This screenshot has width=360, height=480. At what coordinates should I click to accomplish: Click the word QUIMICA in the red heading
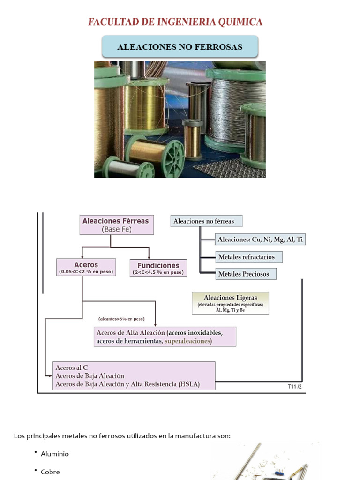240,22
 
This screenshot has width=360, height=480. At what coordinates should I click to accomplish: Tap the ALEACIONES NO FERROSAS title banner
180,46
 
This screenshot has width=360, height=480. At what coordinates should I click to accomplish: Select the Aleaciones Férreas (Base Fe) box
117,225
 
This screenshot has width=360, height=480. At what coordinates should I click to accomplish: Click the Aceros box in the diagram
86,267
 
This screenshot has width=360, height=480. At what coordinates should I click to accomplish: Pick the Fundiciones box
158,268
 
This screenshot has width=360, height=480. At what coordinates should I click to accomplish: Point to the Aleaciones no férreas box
206,221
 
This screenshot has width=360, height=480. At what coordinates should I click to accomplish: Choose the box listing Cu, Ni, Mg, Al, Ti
260,240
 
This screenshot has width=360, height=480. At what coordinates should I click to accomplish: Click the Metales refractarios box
249,257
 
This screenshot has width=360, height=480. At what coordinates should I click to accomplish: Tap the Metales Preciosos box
246,274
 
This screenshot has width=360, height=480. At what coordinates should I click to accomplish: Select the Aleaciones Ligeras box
231,303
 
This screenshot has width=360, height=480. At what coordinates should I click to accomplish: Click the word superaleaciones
187,341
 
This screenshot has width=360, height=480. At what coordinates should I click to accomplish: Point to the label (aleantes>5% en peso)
121,319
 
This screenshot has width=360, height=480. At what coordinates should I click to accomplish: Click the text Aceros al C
72,367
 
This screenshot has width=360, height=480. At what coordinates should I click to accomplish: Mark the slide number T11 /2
295,387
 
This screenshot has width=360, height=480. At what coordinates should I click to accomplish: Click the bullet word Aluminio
55,454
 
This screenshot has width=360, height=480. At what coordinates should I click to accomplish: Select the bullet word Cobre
50,472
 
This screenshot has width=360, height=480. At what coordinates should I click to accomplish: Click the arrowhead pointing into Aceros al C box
50,376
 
